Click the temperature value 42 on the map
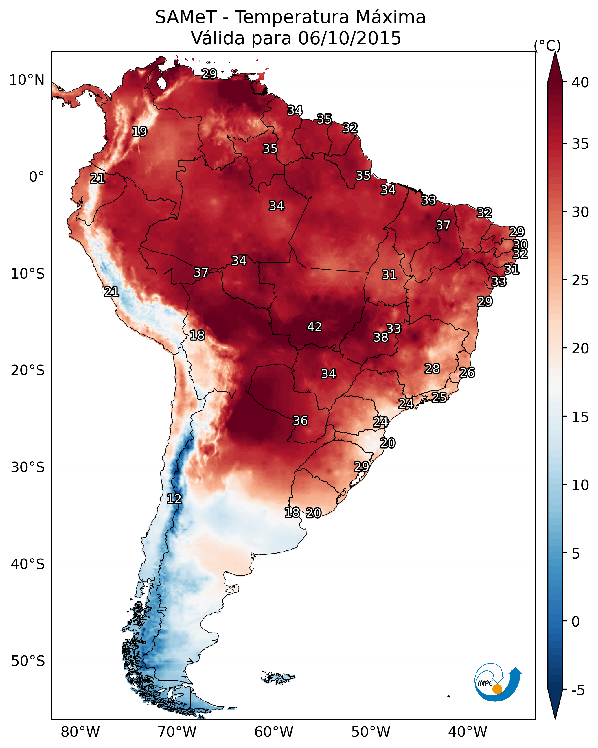314,327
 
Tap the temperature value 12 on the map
174,499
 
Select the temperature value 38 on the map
381,337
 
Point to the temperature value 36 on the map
300,421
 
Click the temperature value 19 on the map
139,132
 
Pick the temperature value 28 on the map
432,369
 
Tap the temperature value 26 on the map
467,373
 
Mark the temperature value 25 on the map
439,397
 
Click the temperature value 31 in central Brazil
389,275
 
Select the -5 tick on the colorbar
577,690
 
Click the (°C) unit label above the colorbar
547,45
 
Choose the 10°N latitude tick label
27,80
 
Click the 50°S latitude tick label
28,661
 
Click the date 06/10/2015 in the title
349,38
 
